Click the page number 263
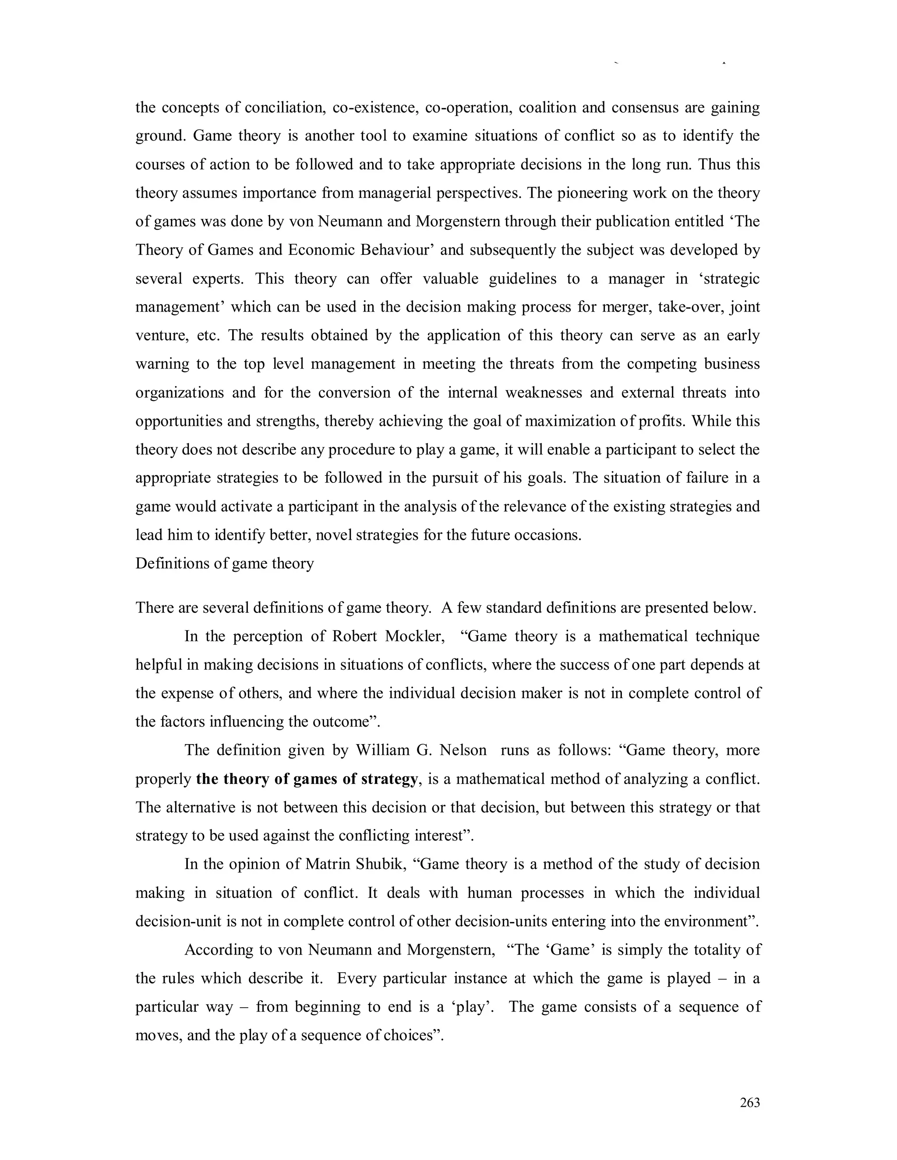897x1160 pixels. [750, 1103]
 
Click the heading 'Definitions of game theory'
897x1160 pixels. [224, 563]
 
